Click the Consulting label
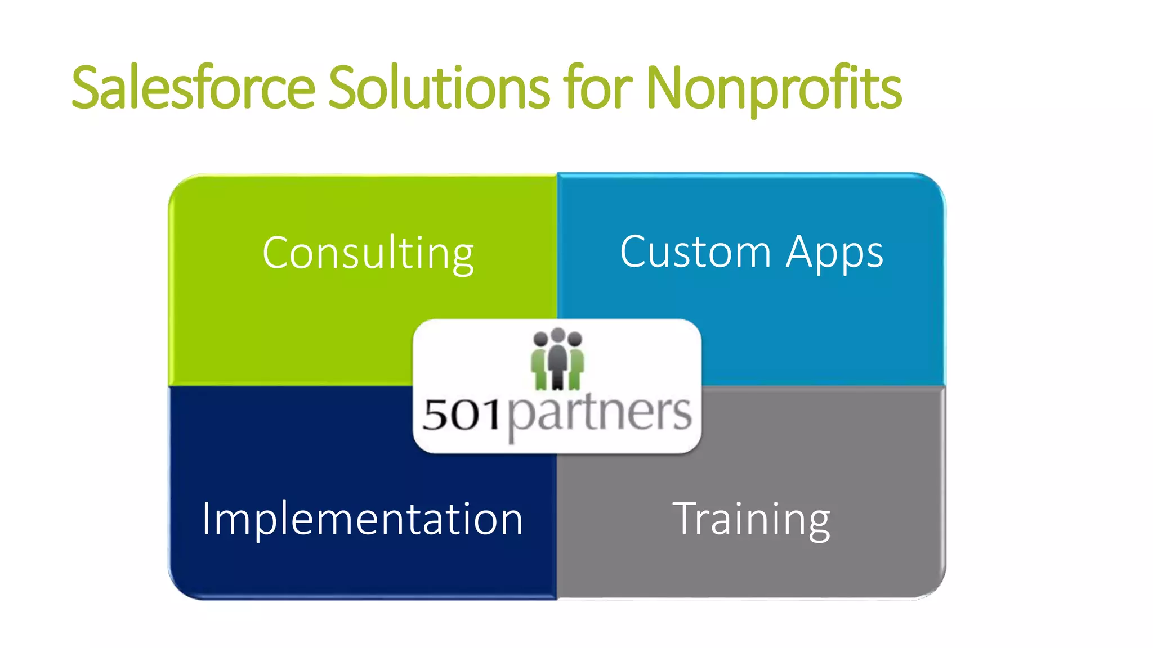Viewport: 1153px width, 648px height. click(x=368, y=254)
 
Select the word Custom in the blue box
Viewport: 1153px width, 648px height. click(x=695, y=251)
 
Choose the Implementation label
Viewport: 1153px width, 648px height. click(x=363, y=519)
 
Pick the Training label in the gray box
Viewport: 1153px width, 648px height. click(x=751, y=519)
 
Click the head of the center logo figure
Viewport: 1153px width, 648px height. click(x=558, y=335)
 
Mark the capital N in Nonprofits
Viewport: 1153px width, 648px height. click(x=667, y=87)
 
